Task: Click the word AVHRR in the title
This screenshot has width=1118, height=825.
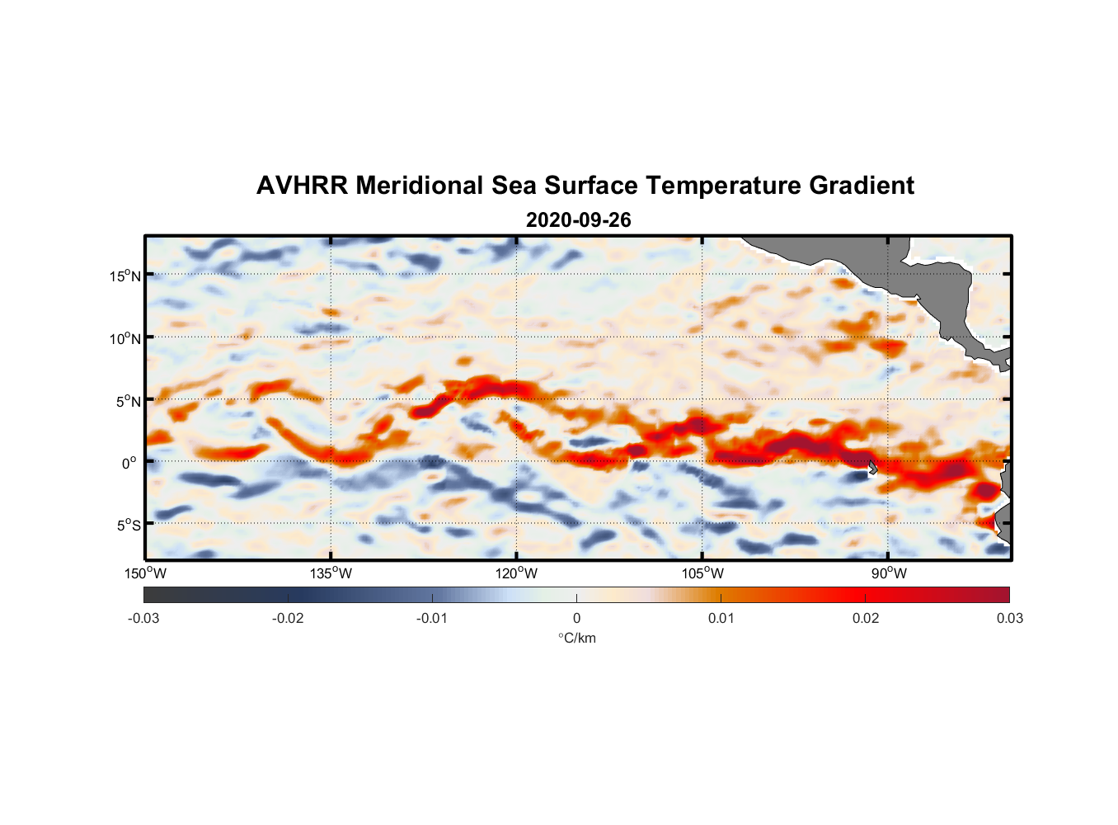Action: click(302, 186)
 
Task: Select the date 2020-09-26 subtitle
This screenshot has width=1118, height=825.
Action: click(578, 220)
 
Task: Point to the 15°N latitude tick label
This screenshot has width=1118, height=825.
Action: click(125, 276)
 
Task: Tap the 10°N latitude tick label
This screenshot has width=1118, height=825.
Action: click(125, 338)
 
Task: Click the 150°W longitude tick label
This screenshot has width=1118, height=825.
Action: click(146, 573)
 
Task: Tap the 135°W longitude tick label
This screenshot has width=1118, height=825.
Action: click(331, 573)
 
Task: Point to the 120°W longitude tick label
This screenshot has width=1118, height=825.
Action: click(517, 573)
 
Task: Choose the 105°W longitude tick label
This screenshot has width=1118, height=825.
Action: click(702, 573)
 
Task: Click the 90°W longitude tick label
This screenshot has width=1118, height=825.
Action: click(889, 573)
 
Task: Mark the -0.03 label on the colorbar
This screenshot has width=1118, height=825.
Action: click(143, 619)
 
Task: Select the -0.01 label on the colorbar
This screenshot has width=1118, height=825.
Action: click(432, 619)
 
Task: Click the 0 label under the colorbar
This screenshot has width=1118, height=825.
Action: click(576, 619)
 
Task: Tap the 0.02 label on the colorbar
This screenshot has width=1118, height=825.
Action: click(865, 619)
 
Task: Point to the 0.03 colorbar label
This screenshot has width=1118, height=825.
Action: click(1009, 619)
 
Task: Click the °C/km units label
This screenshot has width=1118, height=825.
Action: click(576, 639)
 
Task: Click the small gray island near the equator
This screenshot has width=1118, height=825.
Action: click(872, 467)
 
